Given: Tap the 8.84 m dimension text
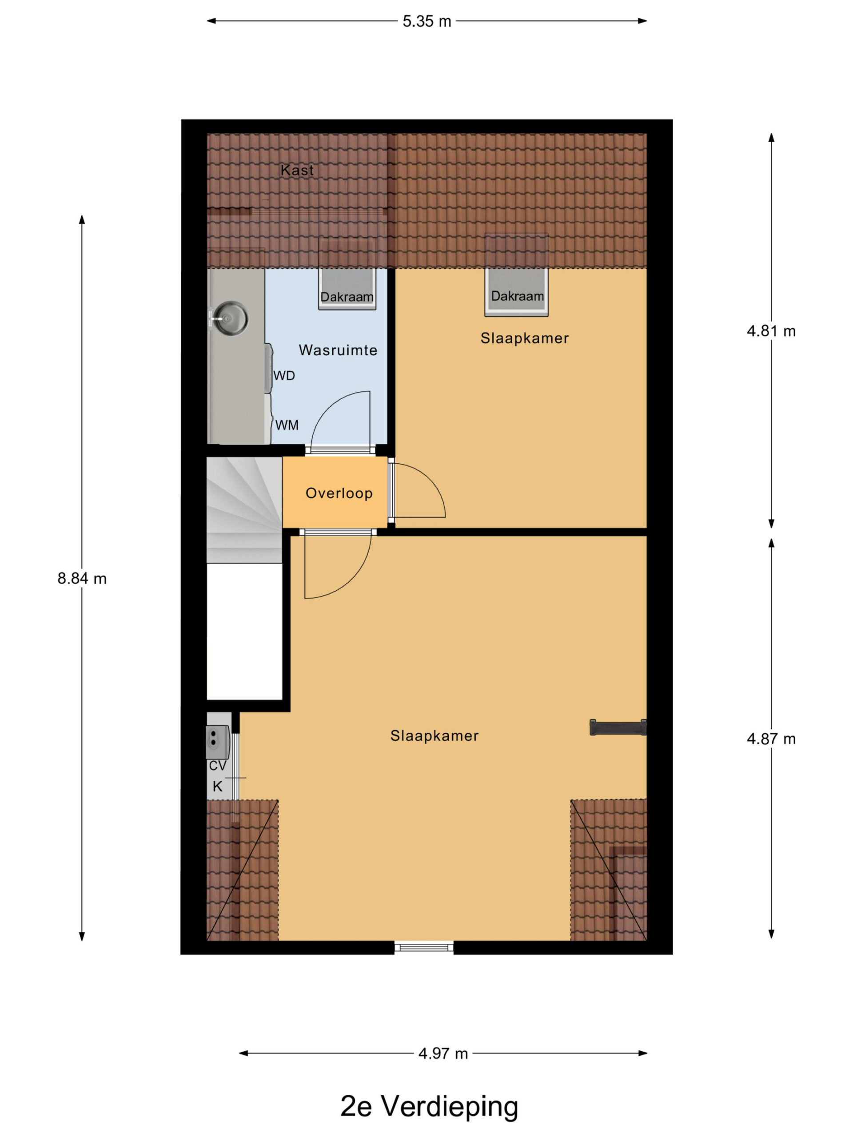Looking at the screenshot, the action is pyautogui.click(x=82, y=579).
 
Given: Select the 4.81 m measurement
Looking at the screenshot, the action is pyautogui.click(x=771, y=331).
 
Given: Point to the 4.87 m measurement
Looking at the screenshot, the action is pyautogui.click(x=771, y=739).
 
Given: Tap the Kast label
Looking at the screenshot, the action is pyautogui.click(x=297, y=170).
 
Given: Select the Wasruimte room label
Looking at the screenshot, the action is pyautogui.click(x=338, y=350).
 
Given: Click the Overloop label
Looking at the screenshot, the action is pyautogui.click(x=339, y=493).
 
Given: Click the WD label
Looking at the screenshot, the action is pyautogui.click(x=284, y=376).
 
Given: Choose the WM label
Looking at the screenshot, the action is pyautogui.click(x=287, y=425).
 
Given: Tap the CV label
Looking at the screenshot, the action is pyautogui.click(x=218, y=766).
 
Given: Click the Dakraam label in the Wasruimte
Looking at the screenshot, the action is pyautogui.click(x=347, y=297).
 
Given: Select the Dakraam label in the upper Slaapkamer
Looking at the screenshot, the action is pyautogui.click(x=517, y=296).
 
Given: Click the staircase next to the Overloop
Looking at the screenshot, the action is pyautogui.click(x=244, y=510).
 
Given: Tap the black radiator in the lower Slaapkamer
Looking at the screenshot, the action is pyautogui.click(x=618, y=728).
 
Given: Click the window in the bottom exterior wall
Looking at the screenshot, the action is pyautogui.click(x=424, y=947).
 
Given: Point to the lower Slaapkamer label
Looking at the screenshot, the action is pyautogui.click(x=434, y=736).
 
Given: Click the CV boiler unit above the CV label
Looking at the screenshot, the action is pyautogui.click(x=218, y=742).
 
